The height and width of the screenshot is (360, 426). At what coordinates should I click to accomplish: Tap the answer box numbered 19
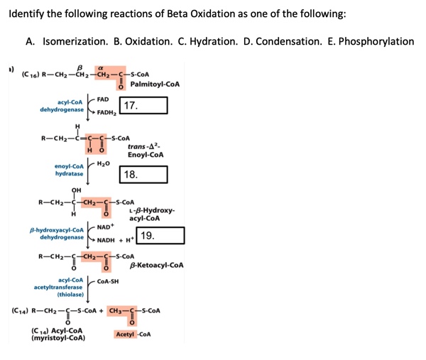(161, 236)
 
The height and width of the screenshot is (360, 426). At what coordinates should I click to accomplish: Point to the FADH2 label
(107, 113)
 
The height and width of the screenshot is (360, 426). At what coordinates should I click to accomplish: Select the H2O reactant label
(105, 162)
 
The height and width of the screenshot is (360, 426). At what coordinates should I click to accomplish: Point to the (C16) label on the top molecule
(31, 72)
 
